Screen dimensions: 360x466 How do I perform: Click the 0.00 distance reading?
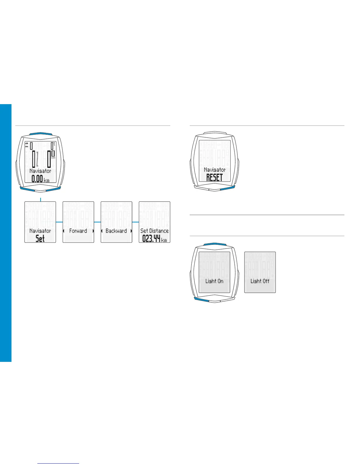point(37,179)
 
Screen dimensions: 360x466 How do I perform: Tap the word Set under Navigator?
point(40,238)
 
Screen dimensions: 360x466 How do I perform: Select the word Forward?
point(78,231)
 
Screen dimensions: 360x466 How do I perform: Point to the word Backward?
point(116,231)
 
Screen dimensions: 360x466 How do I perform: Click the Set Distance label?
point(154,231)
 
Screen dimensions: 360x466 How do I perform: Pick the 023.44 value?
point(151,238)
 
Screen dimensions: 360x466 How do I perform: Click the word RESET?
point(214,177)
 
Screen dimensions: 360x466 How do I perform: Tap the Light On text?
point(214,281)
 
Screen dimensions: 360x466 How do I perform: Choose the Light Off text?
point(260,281)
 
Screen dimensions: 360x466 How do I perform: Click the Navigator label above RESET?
point(215,170)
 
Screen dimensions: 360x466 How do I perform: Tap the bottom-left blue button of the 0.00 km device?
point(27,188)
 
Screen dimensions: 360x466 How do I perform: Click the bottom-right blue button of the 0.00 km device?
point(54,188)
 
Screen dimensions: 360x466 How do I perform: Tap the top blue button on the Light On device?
point(214,244)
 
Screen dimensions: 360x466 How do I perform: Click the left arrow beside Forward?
point(64,231)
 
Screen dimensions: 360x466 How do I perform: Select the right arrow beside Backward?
point(131,231)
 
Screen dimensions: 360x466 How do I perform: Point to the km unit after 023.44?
point(164,240)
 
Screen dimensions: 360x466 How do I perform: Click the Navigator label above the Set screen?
point(40,231)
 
